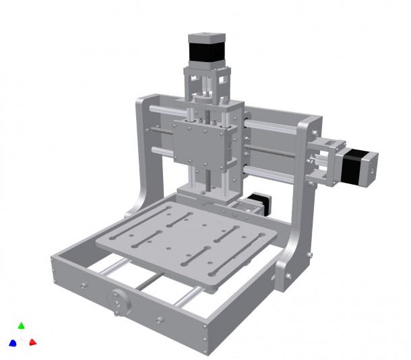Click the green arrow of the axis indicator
21,326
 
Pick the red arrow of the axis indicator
32,342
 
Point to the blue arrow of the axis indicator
12,343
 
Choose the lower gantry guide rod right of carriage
270,171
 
